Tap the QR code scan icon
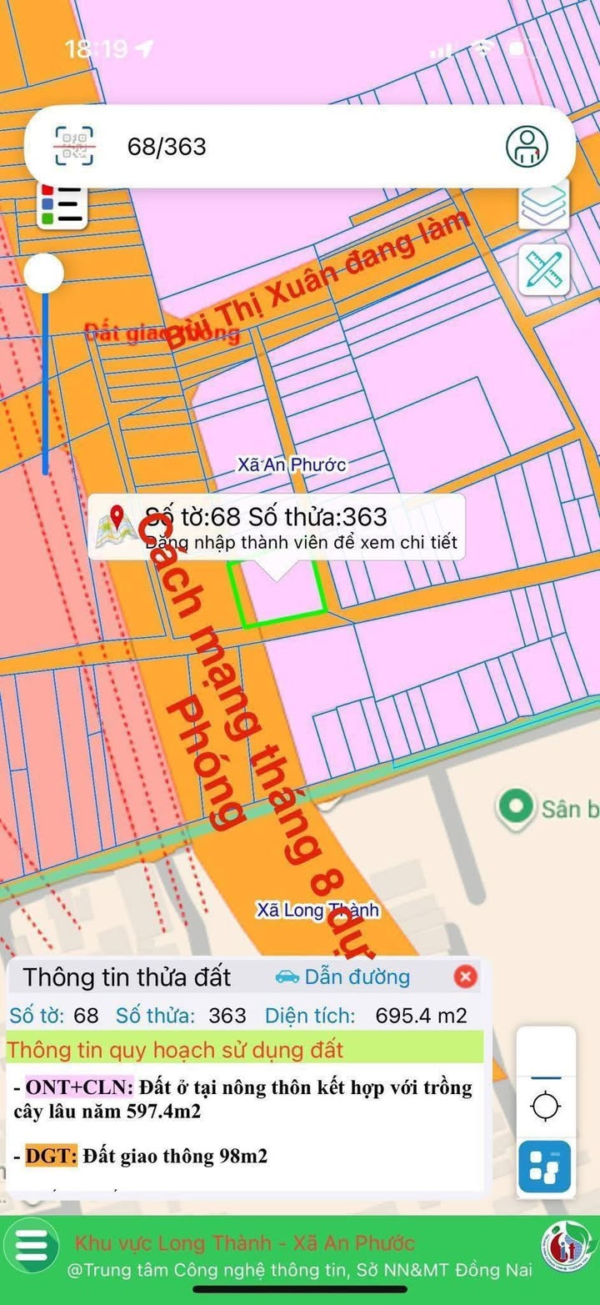(x=74, y=147)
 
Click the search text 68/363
(x=167, y=147)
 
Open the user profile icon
(x=527, y=146)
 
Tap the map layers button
(x=544, y=204)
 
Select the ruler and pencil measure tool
(x=544, y=269)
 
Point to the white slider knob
(x=44, y=273)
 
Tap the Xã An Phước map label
(x=292, y=464)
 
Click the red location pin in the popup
(x=117, y=518)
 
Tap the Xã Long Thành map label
(x=317, y=910)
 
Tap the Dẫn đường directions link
(x=342, y=976)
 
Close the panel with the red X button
(x=465, y=976)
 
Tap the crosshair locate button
(x=546, y=1107)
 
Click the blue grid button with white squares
(x=545, y=1167)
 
